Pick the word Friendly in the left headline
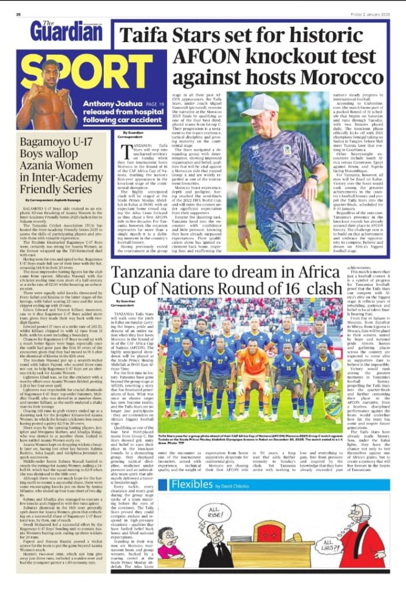pos(41,188)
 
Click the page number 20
pos(18,13)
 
